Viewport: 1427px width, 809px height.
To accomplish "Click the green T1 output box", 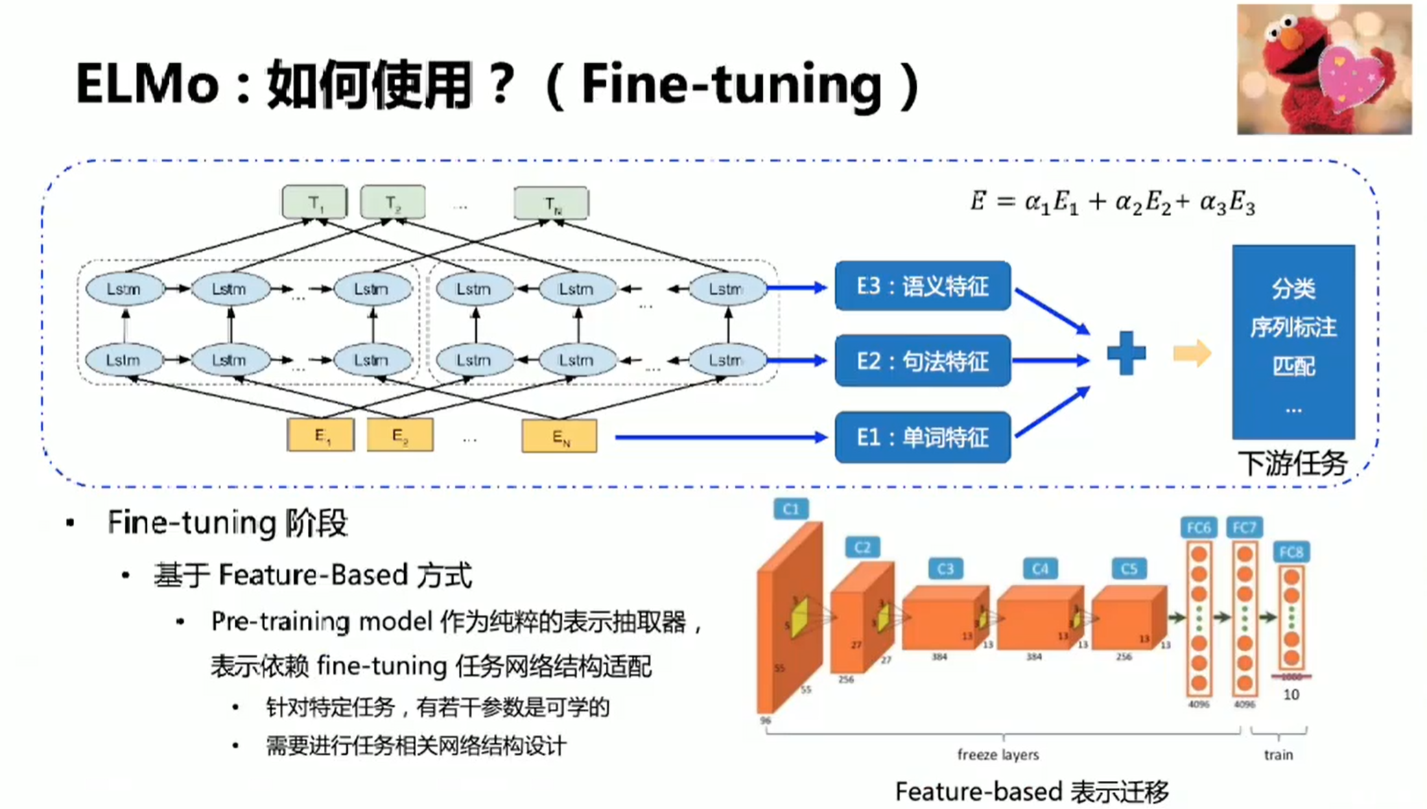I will point(314,202).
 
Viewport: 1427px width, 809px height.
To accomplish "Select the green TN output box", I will point(551,203).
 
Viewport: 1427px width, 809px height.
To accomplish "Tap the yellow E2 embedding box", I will point(400,435).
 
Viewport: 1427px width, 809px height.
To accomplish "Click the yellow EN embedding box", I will point(559,436).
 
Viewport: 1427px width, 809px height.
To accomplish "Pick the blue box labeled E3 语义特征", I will point(922,286).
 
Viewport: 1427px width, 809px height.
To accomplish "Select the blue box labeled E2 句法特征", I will point(922,361).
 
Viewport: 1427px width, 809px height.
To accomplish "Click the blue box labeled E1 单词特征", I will point(922,437).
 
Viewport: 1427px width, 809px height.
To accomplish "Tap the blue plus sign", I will point(1126,353).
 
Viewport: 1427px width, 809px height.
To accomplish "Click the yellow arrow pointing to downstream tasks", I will point(1192,353).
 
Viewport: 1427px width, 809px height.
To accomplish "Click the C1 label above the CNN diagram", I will point(790,508).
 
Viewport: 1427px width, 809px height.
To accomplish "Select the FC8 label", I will point(1290,552).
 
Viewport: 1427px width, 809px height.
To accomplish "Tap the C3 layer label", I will point(945,569).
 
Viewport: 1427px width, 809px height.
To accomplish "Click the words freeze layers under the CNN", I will point(998,755).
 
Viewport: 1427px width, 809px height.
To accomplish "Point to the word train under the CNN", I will point(1278,755).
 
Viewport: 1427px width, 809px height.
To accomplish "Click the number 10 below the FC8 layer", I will point(1290,695).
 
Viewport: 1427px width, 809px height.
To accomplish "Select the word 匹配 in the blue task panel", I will point(1293,366).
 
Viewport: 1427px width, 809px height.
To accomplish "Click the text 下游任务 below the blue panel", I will point(1293,464).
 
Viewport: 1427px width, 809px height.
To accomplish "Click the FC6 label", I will point(1198,528).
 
